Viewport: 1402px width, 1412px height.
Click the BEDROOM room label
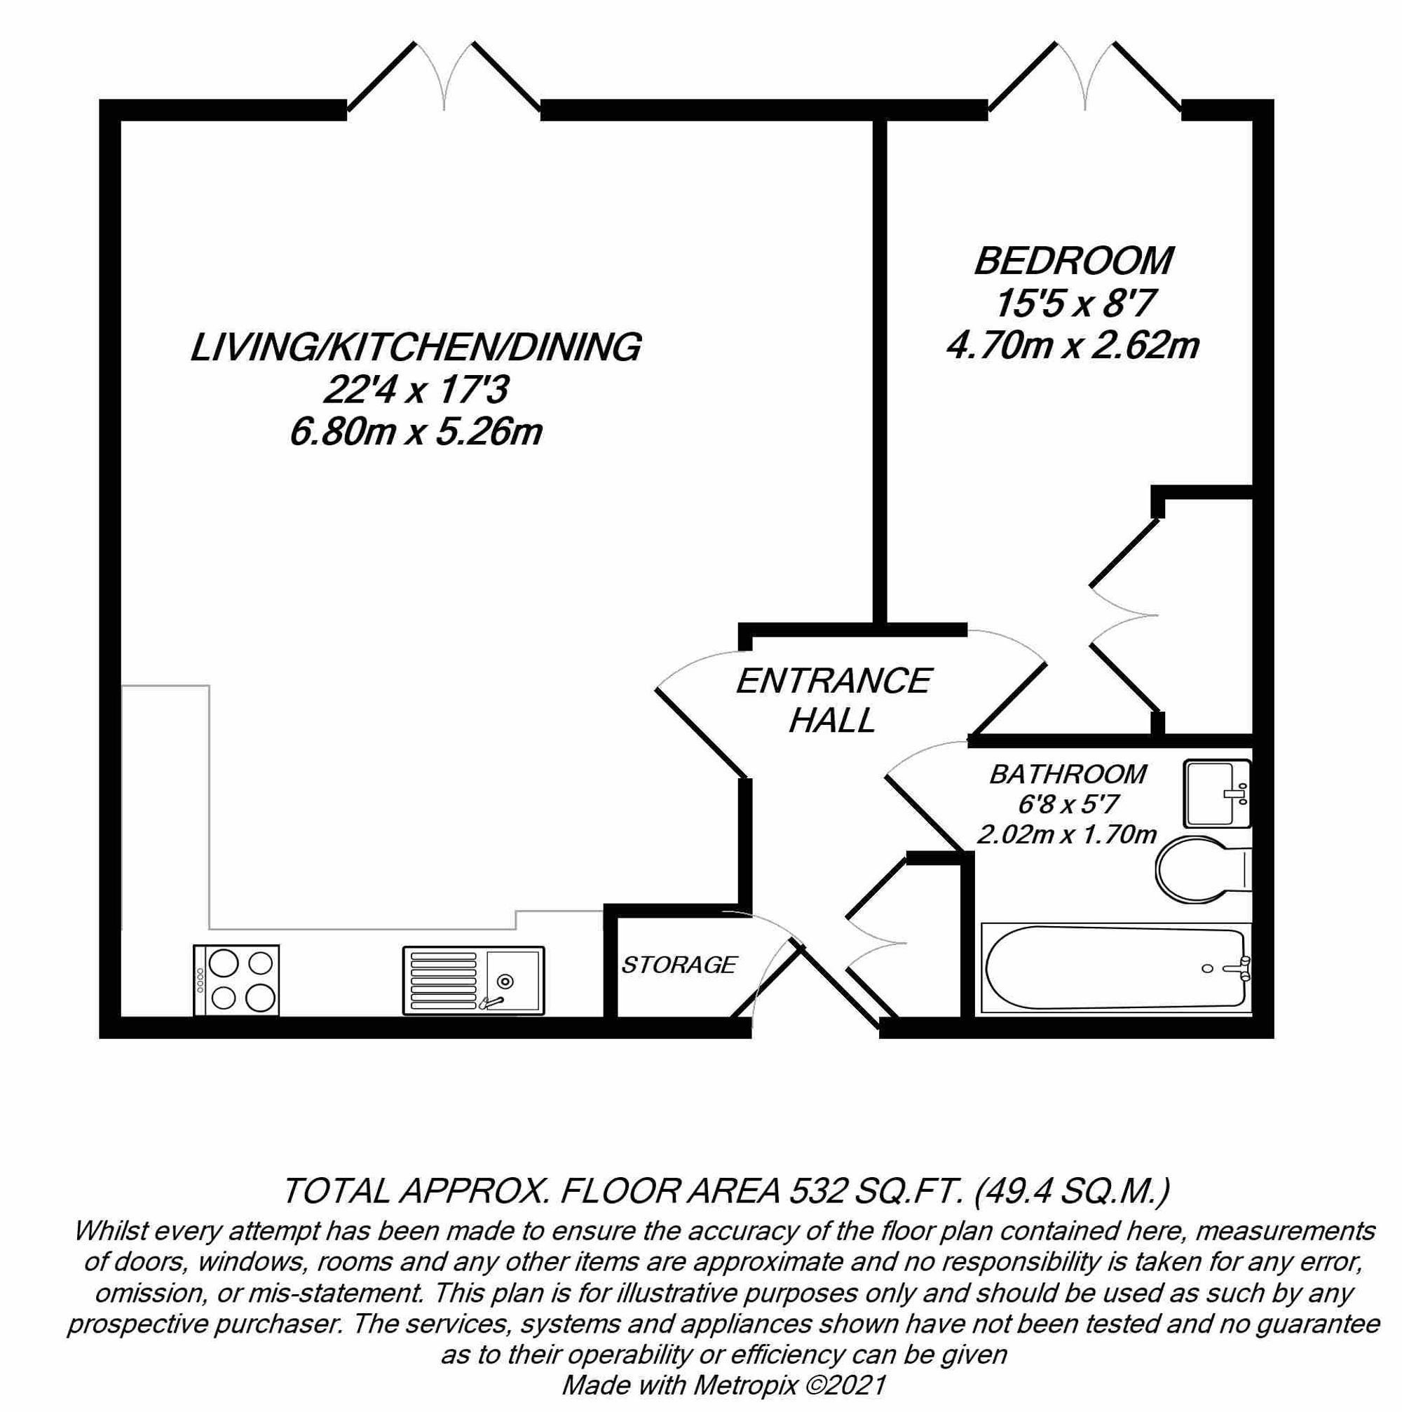[1073, 261]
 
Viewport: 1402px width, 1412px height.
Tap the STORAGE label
[679, 965]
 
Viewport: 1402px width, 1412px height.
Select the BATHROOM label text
[1068, 774]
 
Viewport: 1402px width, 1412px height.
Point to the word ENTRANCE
[833, 681]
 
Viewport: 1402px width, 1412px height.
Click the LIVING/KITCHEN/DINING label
[416, 347]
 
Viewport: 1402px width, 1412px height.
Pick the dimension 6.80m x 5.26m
[416, 433]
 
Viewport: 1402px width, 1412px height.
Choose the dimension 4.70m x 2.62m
[1073, 345]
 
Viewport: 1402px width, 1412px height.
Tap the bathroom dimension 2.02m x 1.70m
[1067, 834]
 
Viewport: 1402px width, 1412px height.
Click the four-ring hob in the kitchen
[236, 980]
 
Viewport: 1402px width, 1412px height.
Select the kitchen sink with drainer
[473, 980]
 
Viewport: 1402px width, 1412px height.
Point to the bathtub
[1115, 968]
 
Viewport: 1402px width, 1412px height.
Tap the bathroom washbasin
[1216, 793]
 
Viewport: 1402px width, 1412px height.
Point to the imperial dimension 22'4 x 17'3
[416, 391]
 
